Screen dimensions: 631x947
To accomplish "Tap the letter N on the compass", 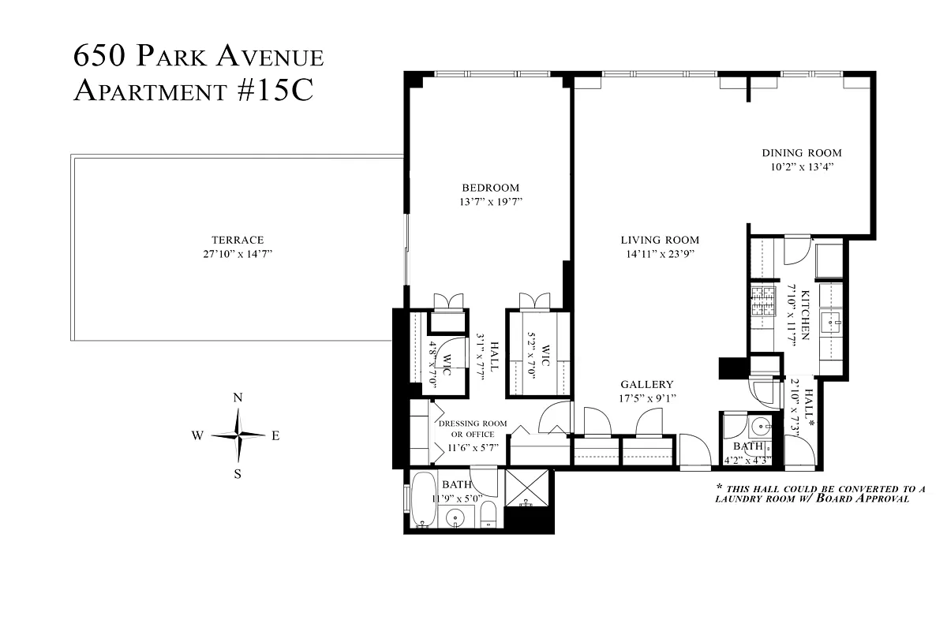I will (237, 398).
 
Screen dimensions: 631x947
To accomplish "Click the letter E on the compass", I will (275, 436).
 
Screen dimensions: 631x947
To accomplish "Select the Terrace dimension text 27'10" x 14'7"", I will (237, 254).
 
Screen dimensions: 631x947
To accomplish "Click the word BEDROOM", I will (490, 188).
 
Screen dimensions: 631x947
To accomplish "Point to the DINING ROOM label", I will (801, 153).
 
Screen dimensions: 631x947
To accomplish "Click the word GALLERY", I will (646, 384).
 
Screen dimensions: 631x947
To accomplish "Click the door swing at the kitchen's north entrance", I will (792, 252).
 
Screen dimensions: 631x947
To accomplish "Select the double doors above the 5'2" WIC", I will (534, 301).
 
